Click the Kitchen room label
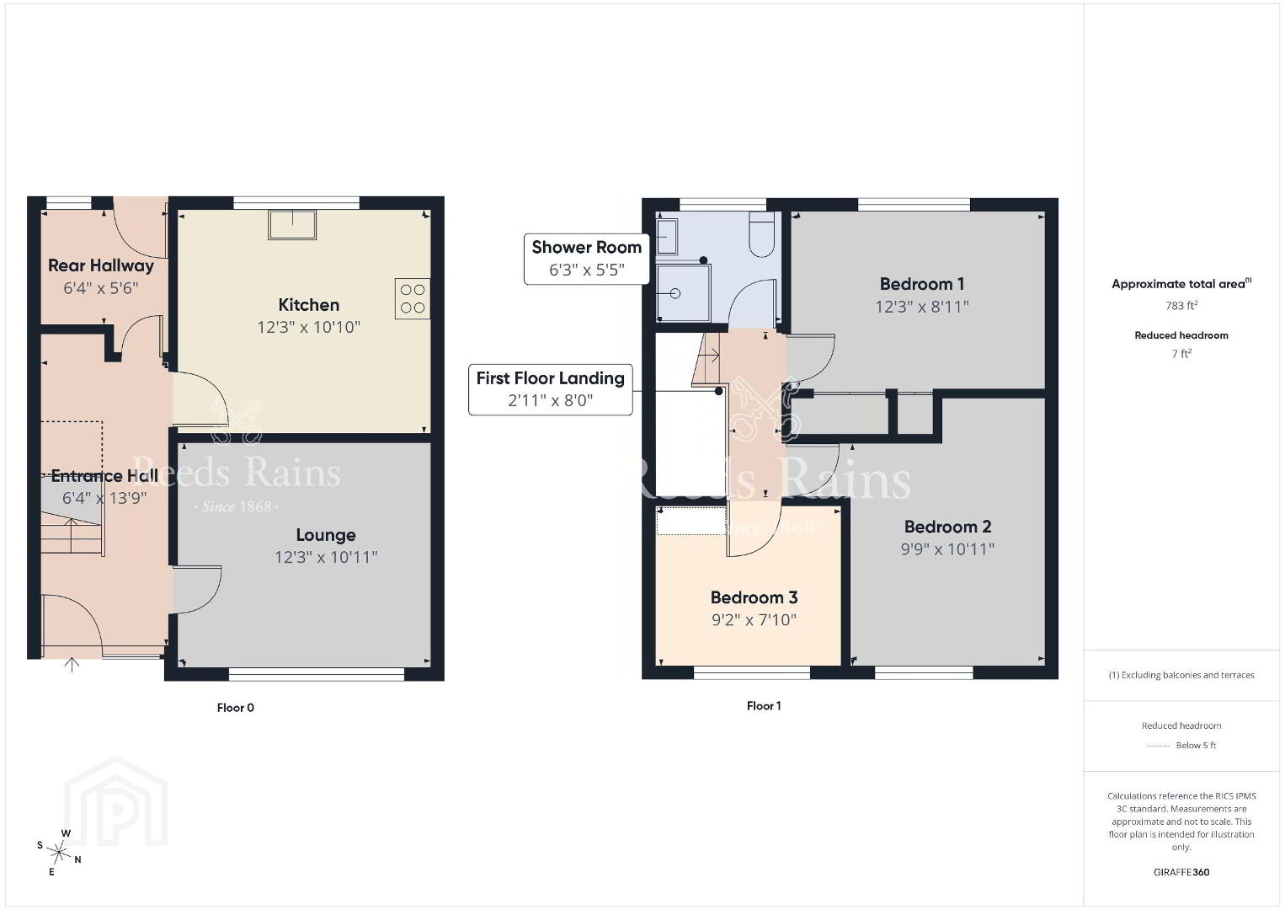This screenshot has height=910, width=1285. [309, 305]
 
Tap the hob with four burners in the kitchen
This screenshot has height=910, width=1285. [413, 298]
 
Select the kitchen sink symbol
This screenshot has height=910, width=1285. [292, 224]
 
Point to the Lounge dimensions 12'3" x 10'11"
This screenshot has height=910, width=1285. [326, 557]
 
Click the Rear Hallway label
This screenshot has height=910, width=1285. [101, 265]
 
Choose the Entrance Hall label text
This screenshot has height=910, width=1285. [104, 476]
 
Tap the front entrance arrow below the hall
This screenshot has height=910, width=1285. [72, 665]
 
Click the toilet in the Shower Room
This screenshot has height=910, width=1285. [762, 234]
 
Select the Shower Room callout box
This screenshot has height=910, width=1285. [586, 259]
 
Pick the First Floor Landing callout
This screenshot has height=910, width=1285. [551, 390]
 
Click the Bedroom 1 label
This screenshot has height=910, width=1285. [922, 284]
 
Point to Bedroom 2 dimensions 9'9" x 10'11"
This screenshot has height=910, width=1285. [947, 549]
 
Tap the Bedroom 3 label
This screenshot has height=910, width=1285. [754, 597]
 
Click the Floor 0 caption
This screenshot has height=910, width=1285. [235, 708]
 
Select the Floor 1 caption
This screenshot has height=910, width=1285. [764, 706]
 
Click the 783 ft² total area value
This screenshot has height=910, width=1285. [1181, 305]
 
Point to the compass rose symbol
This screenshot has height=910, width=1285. [59, 853]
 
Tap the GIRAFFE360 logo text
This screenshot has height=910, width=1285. [1181, 873]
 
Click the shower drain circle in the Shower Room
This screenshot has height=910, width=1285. [675, 293]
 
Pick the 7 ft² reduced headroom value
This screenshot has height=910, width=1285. [1181, 354]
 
